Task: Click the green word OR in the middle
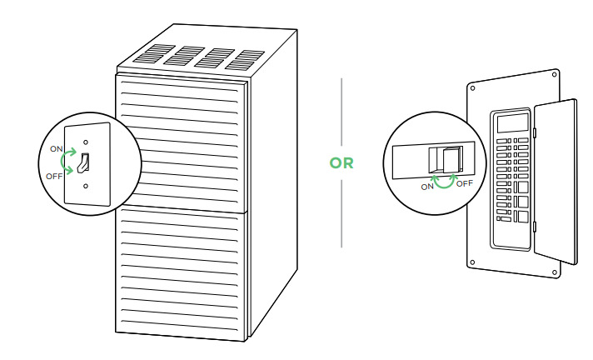click(341, 163)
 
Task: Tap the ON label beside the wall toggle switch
click(57, 148)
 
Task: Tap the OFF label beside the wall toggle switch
click(54, 176)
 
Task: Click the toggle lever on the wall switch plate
click(84, 163)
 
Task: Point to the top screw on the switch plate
click(86, 131)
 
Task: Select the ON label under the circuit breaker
click(428, 187)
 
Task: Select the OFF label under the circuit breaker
click(465, 182)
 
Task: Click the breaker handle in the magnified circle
click(451, 159)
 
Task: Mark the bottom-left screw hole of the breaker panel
click(473, 262)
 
